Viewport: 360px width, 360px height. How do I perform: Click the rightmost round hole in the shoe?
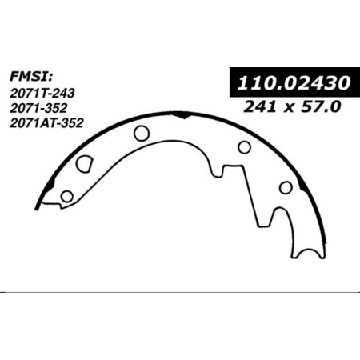(285, 187)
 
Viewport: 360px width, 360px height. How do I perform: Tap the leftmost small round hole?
(67, 196)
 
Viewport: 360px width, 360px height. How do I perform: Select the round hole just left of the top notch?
(142, 133)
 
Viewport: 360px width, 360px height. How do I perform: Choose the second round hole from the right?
(244, 146)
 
